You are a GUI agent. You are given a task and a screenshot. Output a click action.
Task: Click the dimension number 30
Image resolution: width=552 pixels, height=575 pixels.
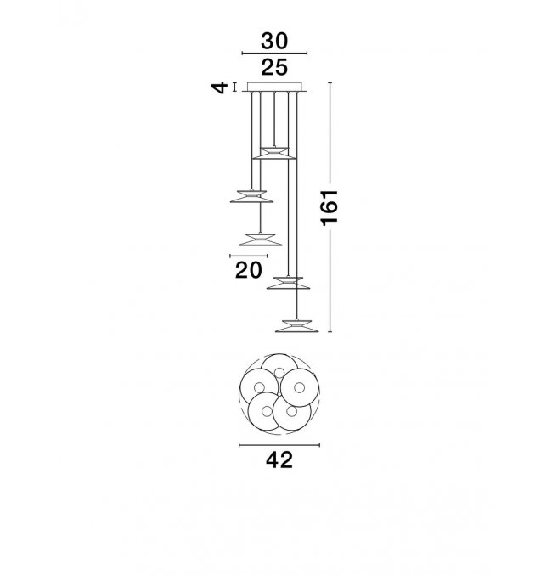pyautogui.click(x=274, y=41)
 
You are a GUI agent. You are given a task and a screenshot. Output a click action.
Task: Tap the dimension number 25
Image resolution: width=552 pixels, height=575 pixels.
pyautogui.click(x=274, y=67)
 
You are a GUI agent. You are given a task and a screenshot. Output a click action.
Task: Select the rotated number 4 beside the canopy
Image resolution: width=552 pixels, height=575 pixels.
pyautogui.click(x=219, y=88)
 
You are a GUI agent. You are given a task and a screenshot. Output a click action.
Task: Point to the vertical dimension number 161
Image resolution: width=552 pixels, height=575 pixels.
pyautogui.click(x=329, y=207)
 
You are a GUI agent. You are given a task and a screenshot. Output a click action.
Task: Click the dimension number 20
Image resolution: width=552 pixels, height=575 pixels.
pyautogui.click(x=249, y=270)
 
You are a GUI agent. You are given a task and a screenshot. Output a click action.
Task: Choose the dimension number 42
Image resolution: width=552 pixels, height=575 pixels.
pyautogui.click(x=279, y=459)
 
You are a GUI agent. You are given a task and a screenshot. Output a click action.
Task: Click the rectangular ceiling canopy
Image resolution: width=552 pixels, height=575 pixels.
pyautogui.click(x=274, y=87)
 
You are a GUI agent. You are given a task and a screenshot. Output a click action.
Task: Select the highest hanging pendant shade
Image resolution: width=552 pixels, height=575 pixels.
pyautogui.click(x=274, y=153)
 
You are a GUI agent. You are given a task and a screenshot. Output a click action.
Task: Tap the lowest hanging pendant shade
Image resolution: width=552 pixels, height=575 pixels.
pyautogui.click(x=296, y=326)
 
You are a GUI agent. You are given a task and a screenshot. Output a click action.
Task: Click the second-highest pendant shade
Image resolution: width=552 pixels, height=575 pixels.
pyautogui.click(x=251, y=196)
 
